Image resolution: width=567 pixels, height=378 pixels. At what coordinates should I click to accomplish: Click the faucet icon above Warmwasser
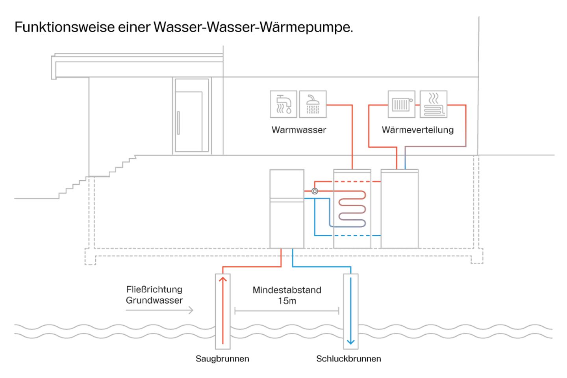(283, 104)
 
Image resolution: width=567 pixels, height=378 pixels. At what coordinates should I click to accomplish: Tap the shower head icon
(313, 104)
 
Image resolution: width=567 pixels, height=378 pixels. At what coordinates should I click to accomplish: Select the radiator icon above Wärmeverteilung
(401, 104)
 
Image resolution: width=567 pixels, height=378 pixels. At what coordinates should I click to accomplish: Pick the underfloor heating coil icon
(433, 104)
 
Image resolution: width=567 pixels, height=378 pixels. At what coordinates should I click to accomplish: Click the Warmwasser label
(299, 130)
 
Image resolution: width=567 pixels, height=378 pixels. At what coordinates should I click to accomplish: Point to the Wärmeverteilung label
(417, 130)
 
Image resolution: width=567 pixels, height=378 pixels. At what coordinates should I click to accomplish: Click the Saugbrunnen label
(222, 359)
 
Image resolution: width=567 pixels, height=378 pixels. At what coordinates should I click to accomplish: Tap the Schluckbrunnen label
(348, 359)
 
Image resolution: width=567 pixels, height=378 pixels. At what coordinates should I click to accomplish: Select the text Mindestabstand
(287, 290)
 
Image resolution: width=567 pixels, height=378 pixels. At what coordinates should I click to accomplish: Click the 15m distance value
(287, 301)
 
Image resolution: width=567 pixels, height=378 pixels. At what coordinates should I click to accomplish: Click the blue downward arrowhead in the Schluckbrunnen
(350, 341)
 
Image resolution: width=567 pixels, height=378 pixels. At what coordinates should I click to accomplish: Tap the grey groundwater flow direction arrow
(159, 311)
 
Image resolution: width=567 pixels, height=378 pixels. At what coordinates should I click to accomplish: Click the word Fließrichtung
(154, 289)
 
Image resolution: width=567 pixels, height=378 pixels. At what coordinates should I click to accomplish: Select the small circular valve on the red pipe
(315, 191)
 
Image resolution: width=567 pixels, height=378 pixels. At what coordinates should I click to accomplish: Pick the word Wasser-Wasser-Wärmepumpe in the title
(253, 27)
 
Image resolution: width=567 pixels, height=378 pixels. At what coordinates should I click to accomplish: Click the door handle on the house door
(178, 123)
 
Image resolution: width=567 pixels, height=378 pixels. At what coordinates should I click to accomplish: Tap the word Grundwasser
(154, 300)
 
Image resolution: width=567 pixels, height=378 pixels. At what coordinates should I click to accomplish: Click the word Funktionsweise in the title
(65, 27)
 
